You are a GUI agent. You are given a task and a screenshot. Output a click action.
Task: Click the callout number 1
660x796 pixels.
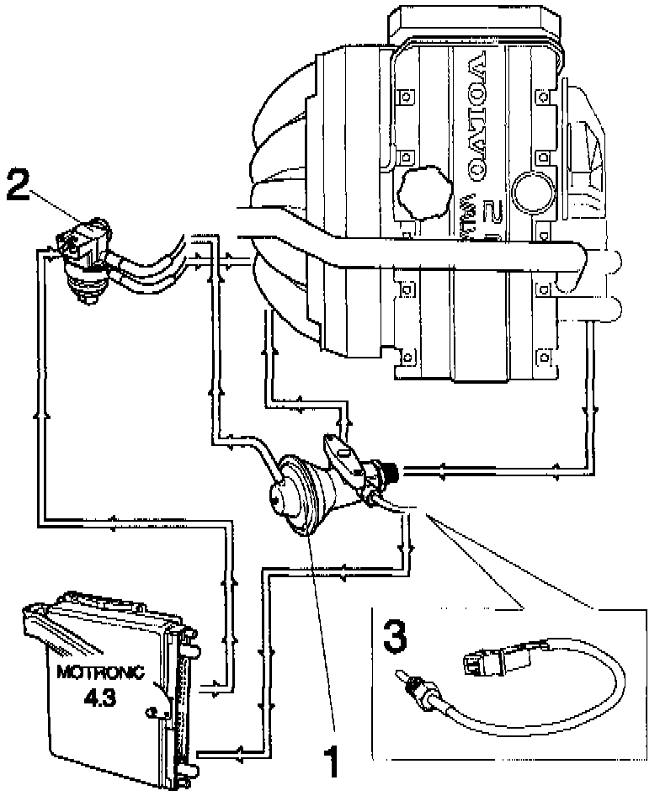click(333, 762)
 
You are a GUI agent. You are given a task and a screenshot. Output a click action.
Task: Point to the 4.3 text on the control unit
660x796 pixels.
click(99, 698)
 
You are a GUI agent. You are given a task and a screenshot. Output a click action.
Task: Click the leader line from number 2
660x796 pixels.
click(59, 207)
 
